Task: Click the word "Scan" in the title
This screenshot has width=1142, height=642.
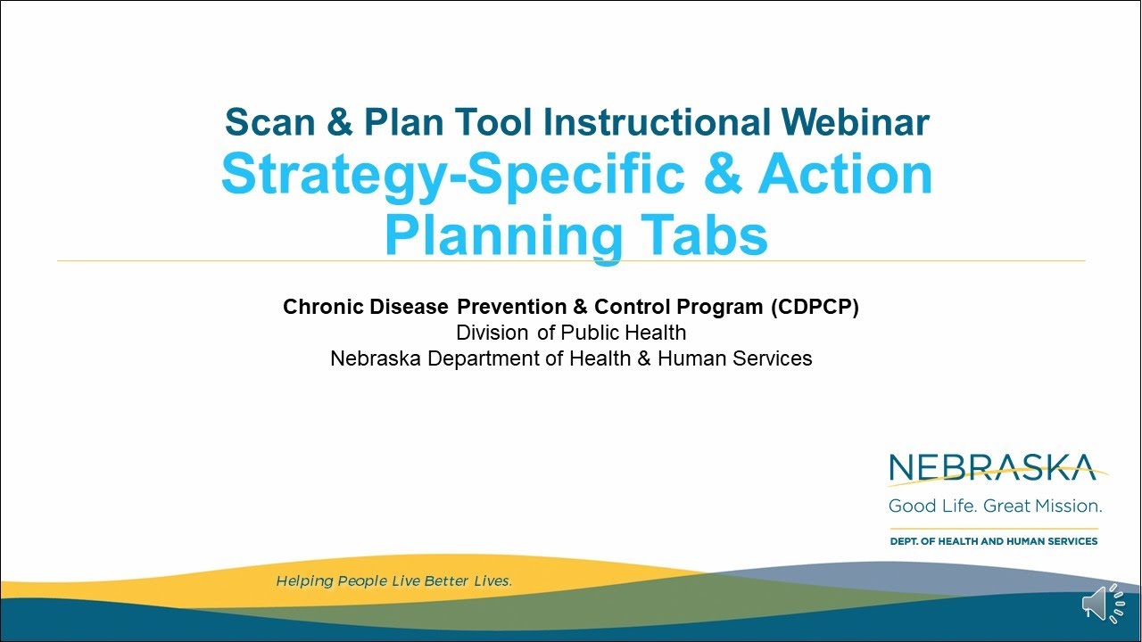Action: click(x=269, y=122)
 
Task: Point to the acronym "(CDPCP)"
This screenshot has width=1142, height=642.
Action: click(x=815, y=308)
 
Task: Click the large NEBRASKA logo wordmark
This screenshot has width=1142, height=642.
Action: click(x=992, y=468)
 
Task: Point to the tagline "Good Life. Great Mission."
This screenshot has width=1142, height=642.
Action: click(x=995, y=506)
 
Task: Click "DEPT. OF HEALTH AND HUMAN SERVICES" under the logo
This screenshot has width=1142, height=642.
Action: click(x=994, y=541)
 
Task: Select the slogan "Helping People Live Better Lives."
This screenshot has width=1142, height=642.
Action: click(x=393, y=581)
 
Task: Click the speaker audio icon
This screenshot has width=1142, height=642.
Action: click(x=1104, y=604)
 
